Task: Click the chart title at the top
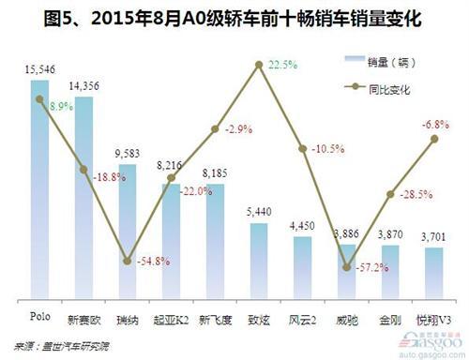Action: click(x=234, y=16)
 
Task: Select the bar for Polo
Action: click(x=39, y=187)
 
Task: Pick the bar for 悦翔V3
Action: click(x=434, y=272)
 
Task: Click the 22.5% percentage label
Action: click(x=282, y=65)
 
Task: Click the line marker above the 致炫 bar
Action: click(x=258, y=65)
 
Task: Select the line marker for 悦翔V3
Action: click(x=434, y=138)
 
